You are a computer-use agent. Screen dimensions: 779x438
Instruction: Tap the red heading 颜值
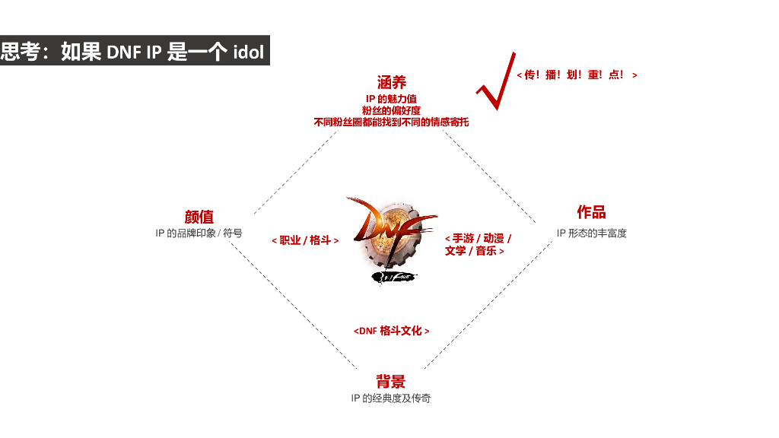pyautogui.click(x=199, y=217)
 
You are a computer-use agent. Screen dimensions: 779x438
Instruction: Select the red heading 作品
pyautogui.click(x=591, y=212)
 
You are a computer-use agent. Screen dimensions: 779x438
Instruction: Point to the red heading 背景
pyautogui.click(x=390, y=382)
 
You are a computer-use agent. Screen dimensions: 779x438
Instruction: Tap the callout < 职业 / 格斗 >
pyautogui.click(x=305, y=240)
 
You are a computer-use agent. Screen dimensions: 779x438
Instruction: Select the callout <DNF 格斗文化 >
pyautogui.click(x=391, y=331)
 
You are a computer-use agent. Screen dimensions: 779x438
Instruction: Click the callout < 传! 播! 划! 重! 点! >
pyautogui.click(x=577, y=75)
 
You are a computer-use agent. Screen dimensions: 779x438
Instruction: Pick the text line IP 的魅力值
pyautogui.click(x=391, y=99)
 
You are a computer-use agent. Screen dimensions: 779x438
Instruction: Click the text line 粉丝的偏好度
pyautogui.click(x=391, y=110)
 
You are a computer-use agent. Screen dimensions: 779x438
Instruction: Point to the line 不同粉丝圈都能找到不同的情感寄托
pyautogui.click(x=391, y=122)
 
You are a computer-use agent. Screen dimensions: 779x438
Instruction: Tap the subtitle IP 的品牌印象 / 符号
pyautogui.click(x=199, y=233)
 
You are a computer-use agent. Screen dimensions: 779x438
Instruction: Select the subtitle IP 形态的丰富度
pyautogui.click(x=591, y=233)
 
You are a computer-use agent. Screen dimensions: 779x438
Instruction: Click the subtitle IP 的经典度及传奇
pyautogui.click(x=390, y=398)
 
